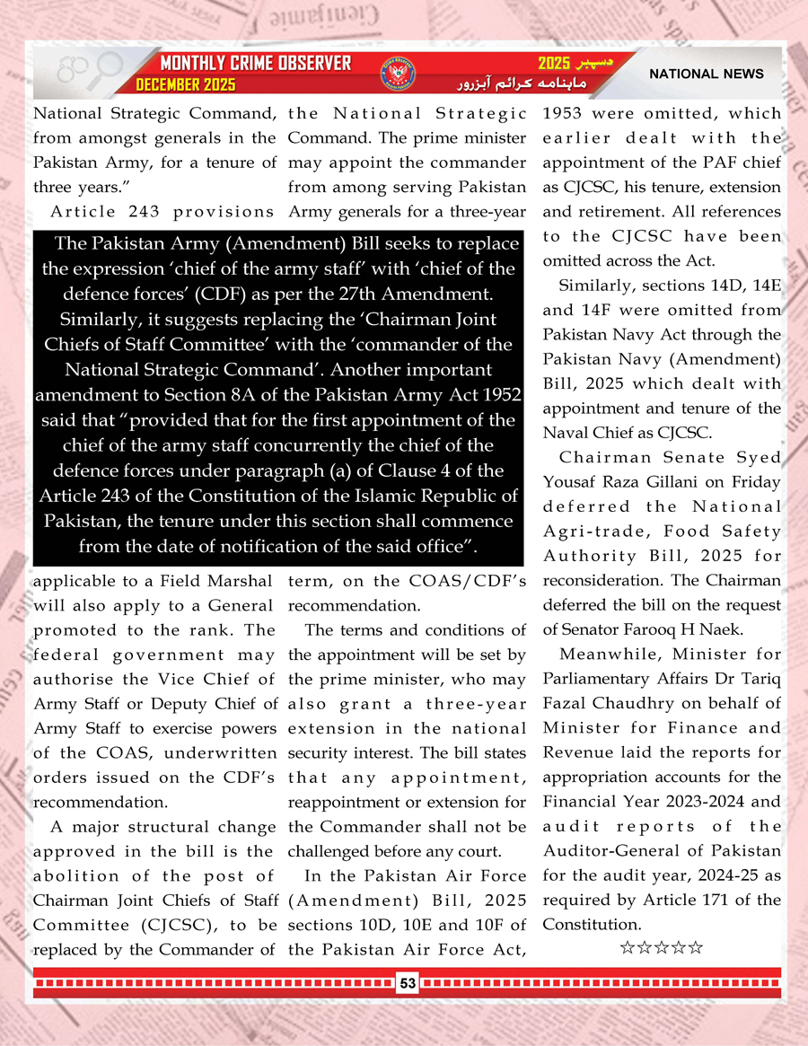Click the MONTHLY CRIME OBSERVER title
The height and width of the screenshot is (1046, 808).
point(255,64)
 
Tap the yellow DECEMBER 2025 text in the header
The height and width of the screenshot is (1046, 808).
point(185,84)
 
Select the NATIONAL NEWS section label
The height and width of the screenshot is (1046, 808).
point(707,74)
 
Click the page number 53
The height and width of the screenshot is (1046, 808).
point(408,984)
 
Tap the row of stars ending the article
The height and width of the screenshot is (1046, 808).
point(661,948)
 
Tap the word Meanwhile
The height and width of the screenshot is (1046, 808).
point(607,655)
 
